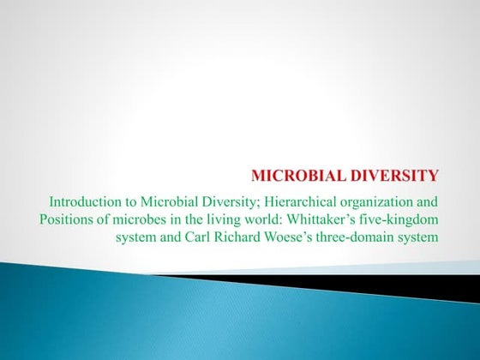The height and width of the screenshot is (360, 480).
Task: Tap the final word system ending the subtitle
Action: (x=419, y=236)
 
